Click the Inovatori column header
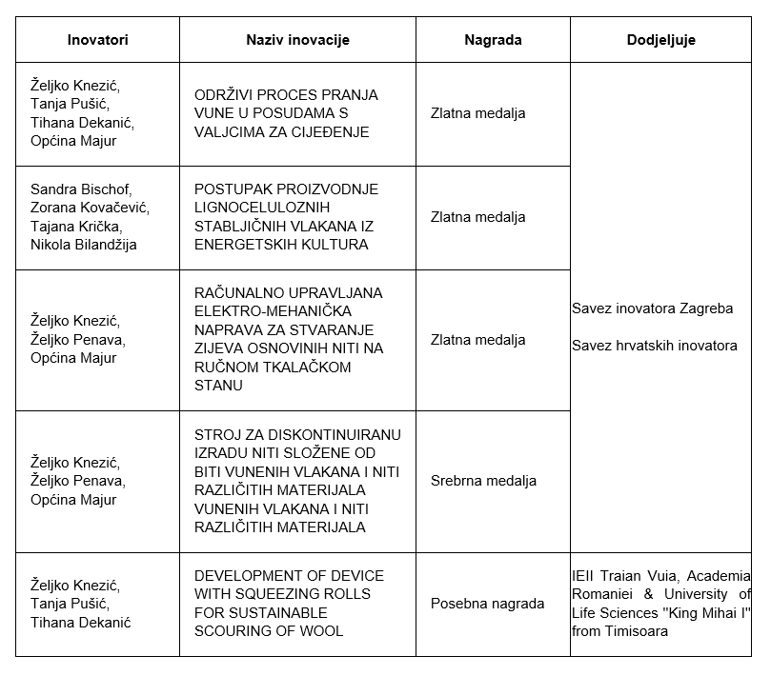tap(97, 40)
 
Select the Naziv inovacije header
tap(297, 40)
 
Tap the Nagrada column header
tap(493, 40)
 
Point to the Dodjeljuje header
tap(660, 40)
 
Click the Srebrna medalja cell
tap(483, 481)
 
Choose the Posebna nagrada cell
tap(487, 604)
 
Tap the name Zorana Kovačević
tap(90, 208)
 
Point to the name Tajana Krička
tap(76, 226)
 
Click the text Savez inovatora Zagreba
tap(652, 308)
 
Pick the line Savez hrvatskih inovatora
tap(654, 346)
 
